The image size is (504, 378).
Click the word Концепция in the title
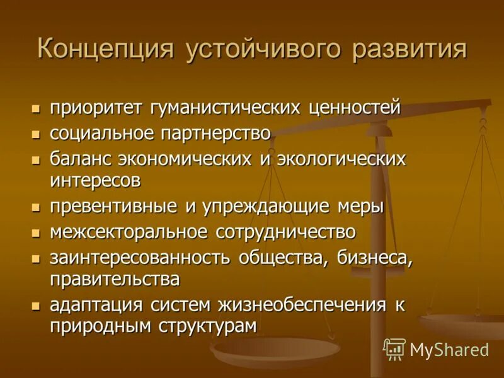tap(105, 50)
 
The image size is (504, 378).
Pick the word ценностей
tap(355, 108)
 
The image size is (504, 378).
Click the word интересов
tap(95, 180)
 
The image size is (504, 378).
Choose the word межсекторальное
tap(129, 232)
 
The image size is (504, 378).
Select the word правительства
tap(115, 278)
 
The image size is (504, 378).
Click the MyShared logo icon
tap(394, 349)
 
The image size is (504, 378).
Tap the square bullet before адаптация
tap(36, 306)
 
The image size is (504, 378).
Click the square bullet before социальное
tap(36, 134)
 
